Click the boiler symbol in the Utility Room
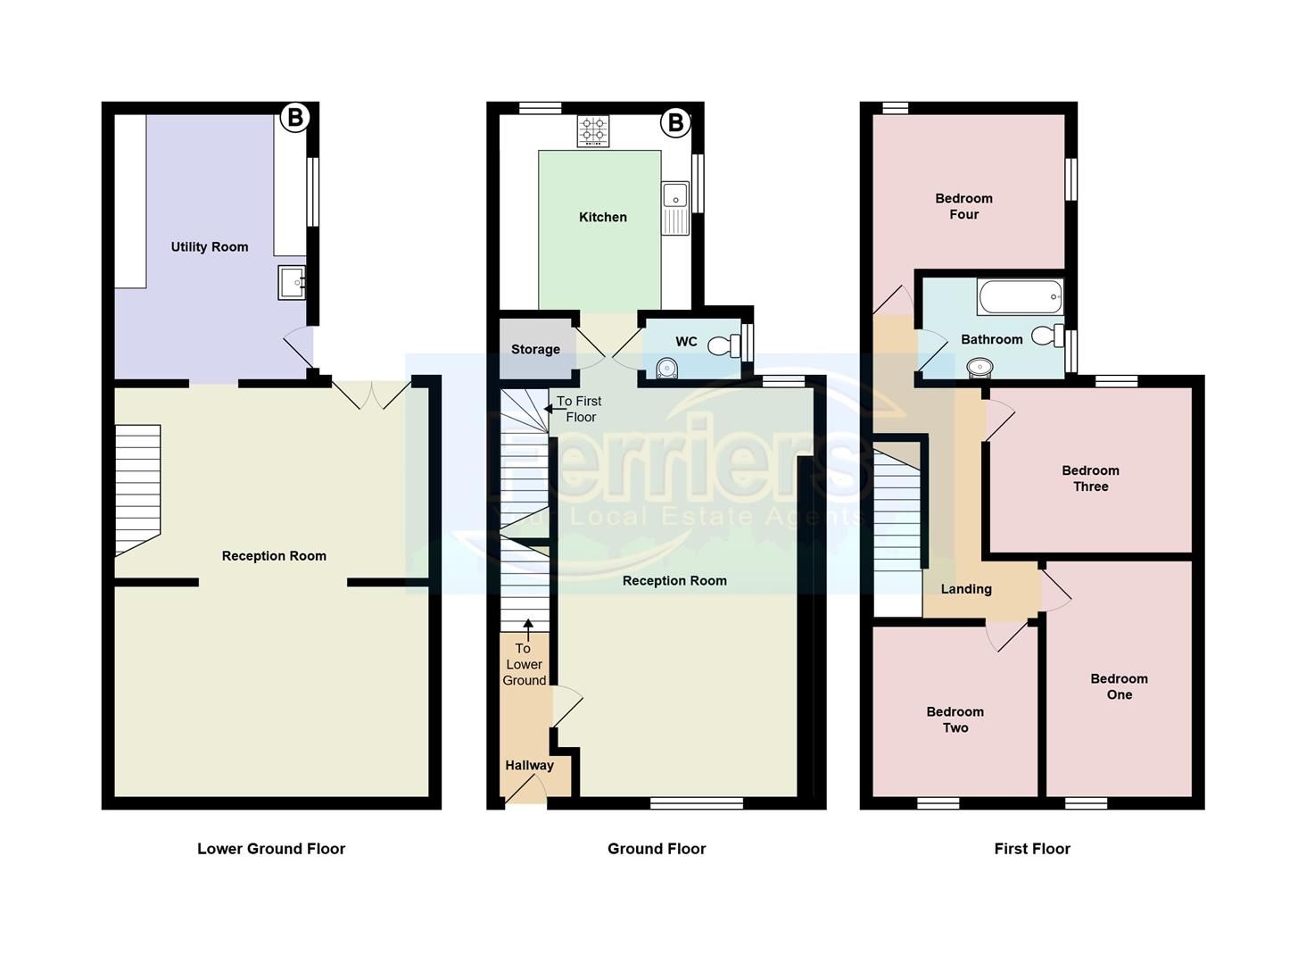[x=294, y=118]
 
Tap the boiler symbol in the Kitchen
[x=675, y=122]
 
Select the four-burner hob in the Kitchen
[x=593, y=131]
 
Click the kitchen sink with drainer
[x=675, y=208]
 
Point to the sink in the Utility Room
[x=292, y=283]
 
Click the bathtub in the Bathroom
[x=1020, y=297]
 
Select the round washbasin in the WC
[x=665, y=369]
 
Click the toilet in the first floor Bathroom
[x=1047, y=337]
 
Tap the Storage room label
[x=535, y=349]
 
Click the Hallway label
[x=529, y=765]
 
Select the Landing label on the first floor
[x=966, y=589]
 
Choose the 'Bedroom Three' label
[x=1090, y=478]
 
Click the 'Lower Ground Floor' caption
[x=271, y=849]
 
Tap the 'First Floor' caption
[x=1032, y=849]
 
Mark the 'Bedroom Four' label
[x=963, y=206]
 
